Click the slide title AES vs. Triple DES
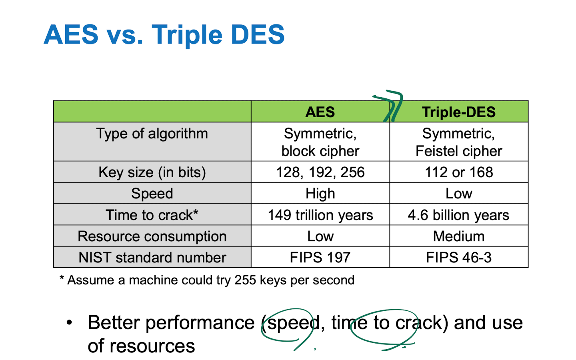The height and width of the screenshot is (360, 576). pos(164,35)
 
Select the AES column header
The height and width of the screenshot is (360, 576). pos(320,112)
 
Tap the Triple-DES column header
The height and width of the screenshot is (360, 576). pos(458,112)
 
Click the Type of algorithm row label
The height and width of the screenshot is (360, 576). pos(152,134)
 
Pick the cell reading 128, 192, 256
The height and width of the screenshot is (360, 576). pos(320,172)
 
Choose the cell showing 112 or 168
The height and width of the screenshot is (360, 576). pos(458,172)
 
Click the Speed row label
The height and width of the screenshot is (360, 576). pos(152,194)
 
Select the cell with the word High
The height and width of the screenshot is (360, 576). pos(320,194)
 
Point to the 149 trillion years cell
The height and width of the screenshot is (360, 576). pos(320,215)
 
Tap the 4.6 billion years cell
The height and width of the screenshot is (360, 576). pos(458,215)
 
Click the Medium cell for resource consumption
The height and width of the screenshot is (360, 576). pos(458,236)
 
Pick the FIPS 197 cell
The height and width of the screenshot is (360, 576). pos(320,258)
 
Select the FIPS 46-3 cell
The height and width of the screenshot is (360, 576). pos(458,258)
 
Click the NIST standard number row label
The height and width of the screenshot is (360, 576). pos(152,258)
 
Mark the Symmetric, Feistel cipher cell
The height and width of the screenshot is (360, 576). pos(458,142)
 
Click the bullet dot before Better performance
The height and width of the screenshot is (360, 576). pos(70,322)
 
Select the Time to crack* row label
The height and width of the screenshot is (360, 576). pos(152,215)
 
